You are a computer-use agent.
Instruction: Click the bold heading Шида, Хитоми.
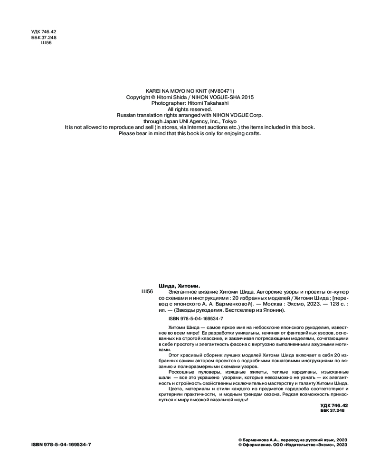(179, 285)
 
